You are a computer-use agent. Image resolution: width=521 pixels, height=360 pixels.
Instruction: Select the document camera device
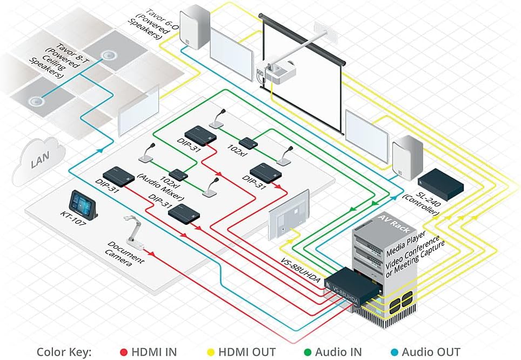point(135,230)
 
